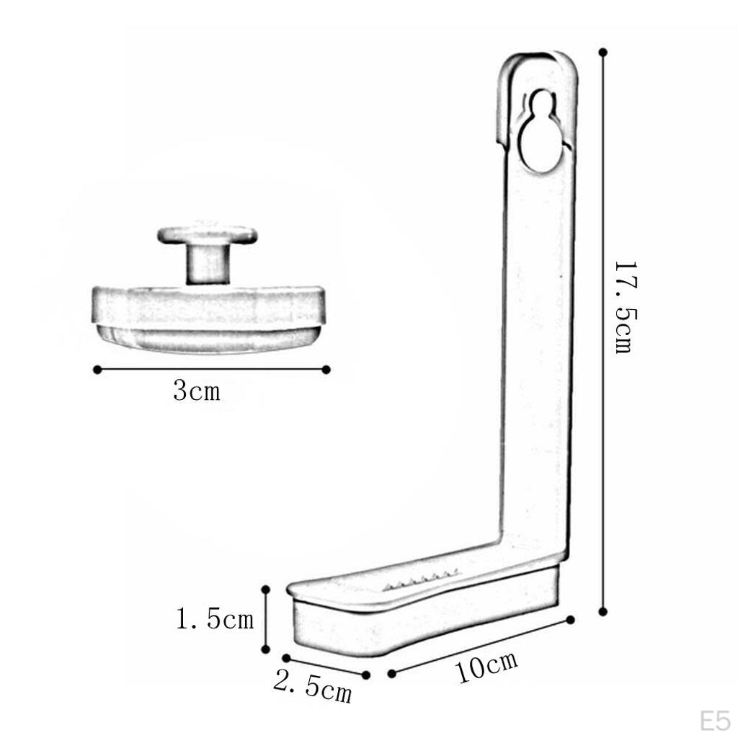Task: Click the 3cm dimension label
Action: point(197,391)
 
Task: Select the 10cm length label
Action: point(487,666)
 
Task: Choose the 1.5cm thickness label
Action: point(215,618)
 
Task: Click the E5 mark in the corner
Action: point(715,721)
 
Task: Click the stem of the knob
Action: point(208,264)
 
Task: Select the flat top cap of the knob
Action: point(208,234)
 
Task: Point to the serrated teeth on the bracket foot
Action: point(421,580)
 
